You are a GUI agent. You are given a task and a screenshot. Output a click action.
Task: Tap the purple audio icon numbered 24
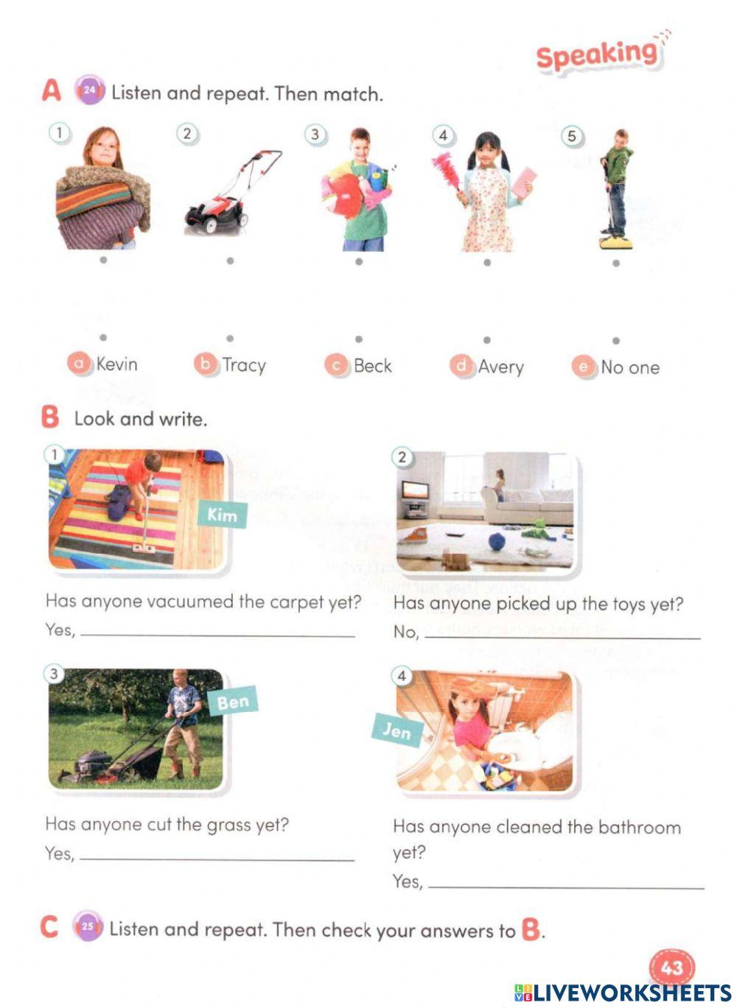coord(89,91)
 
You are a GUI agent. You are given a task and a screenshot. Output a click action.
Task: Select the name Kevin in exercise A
coord(116,364)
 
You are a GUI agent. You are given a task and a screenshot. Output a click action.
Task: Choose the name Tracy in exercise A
coord(243,365)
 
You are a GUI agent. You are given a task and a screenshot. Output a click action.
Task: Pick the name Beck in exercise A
coord(372,366)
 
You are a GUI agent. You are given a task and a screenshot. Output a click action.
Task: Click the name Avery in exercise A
coord(500,367)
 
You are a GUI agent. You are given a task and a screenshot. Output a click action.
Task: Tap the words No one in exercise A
coord(629,367)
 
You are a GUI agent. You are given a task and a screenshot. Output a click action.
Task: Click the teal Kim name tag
coord(222,514)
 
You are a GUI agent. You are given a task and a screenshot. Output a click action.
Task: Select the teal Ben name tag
coord(232,702)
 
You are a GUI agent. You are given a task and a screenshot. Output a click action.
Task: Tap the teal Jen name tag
coord(397,730)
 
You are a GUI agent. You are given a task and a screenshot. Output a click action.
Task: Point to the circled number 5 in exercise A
coord(571,136)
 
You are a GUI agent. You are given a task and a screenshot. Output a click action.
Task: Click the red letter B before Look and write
coord(50,417)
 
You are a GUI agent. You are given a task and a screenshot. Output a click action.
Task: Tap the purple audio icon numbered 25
coord(87,926)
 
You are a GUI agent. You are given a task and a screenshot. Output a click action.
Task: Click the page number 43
coord(671,967)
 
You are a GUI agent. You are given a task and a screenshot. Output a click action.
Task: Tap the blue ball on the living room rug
coord(495,542)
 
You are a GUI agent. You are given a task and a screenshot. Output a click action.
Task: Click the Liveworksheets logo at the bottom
coord(623,993)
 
